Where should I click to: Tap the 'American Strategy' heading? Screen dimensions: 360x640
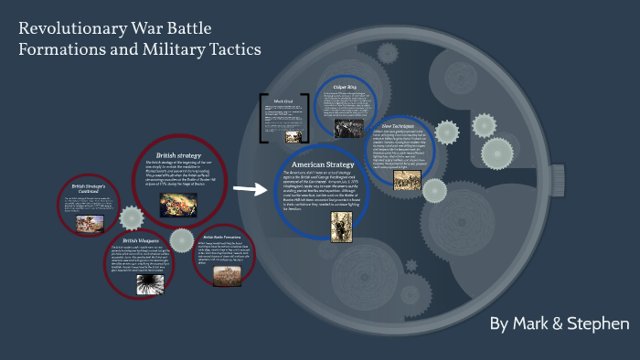point(322,164)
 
